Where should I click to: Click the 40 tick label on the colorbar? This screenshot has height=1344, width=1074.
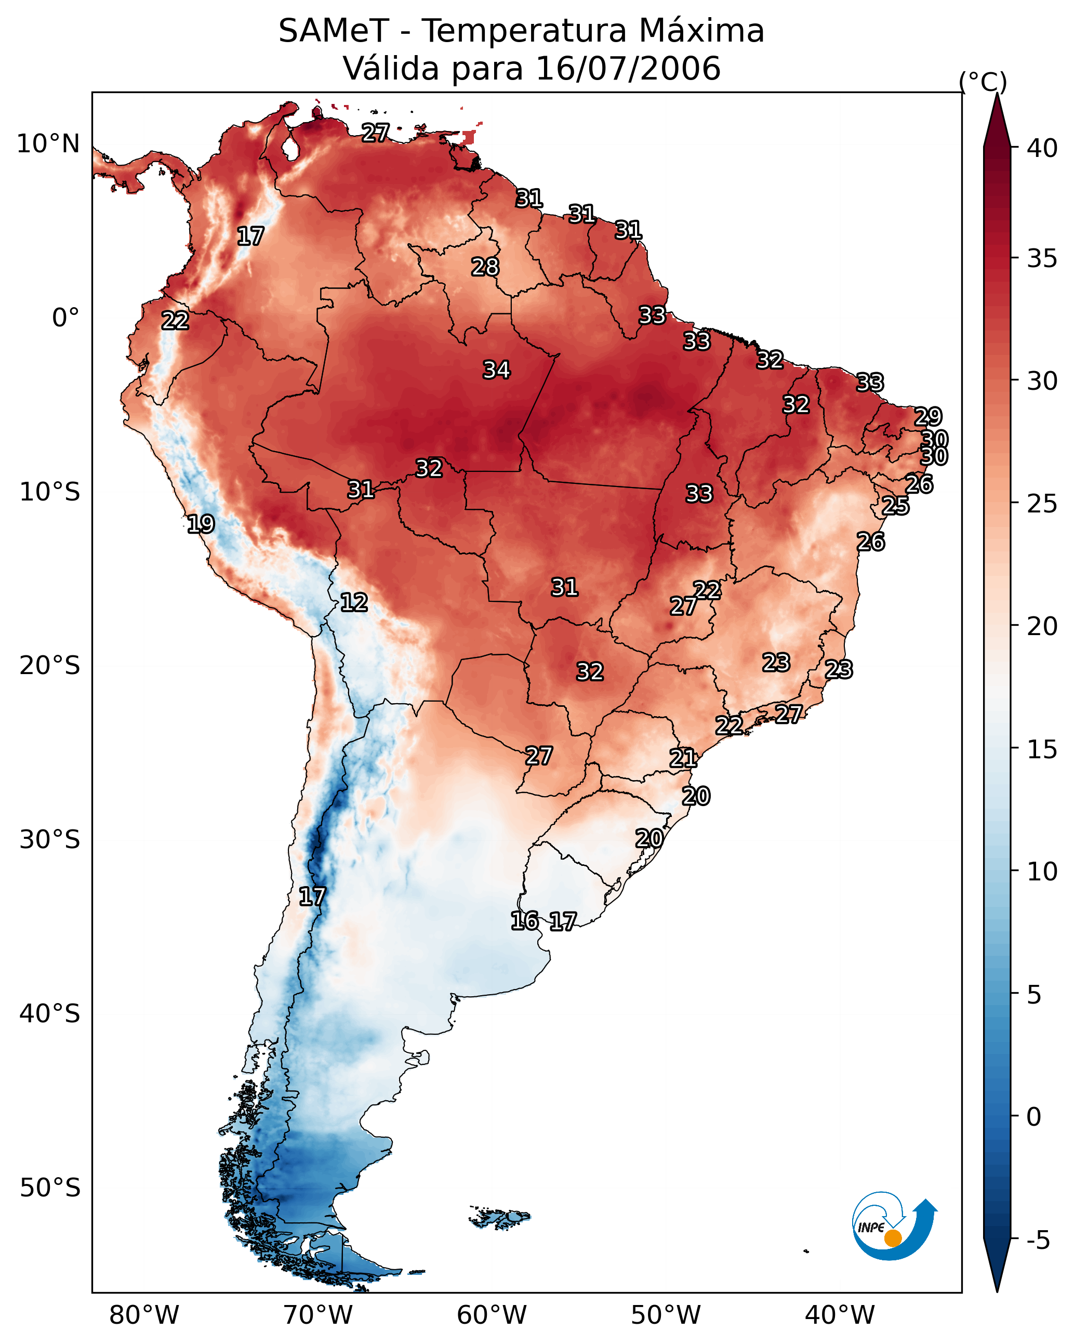click(x=1042, y=148)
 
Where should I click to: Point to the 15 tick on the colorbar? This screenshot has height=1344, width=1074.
click(x=1042, y=749)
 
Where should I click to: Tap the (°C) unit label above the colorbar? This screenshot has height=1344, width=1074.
click(x=983, y=82)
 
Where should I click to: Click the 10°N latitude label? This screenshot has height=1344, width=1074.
click(x=48, y=144)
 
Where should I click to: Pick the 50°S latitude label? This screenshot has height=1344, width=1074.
click(x=50, y=1188)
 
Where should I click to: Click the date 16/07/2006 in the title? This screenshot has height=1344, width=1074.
click(x=628, y=69)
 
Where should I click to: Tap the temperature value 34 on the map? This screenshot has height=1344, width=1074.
click(x=497, y=370)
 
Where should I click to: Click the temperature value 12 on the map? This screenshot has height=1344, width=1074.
click(x=354, y=602)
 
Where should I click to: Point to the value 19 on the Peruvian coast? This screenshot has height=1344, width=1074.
click(x=201, y=524)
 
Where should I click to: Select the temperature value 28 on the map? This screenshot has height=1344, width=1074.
click(x=485, y=267)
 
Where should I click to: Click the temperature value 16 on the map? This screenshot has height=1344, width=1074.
click(x=524, y=921)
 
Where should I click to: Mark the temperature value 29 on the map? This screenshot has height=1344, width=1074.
click(x=927, y=416)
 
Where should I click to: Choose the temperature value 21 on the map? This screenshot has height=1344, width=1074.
click(x=683, y=758)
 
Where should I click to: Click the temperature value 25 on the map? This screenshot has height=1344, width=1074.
click(x=895, y=506)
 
